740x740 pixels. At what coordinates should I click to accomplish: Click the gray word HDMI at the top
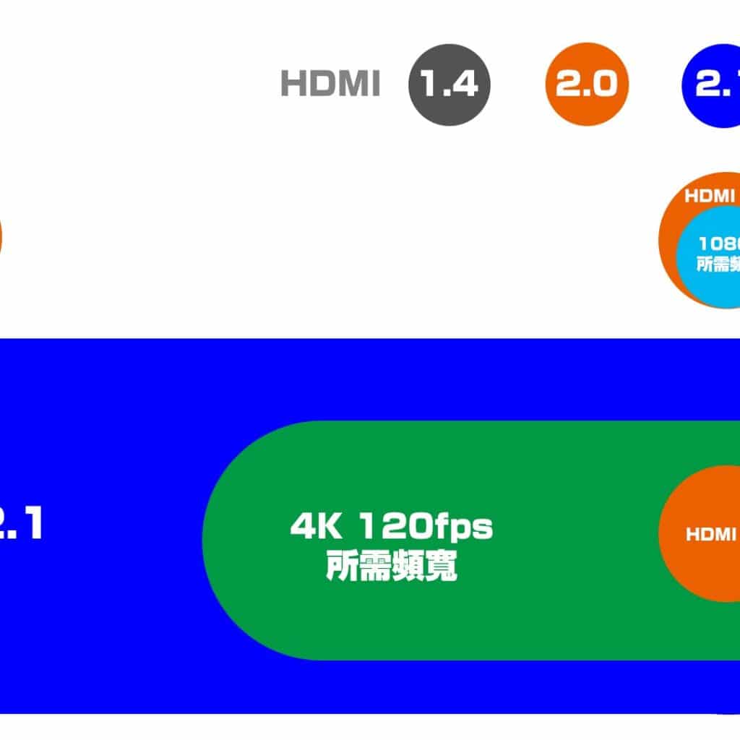(330, 85)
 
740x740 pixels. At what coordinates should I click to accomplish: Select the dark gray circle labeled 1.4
(449, 85)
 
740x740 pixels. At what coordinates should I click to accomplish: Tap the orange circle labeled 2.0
(587, 85)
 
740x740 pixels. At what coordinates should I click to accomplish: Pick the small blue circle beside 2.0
(712, 85)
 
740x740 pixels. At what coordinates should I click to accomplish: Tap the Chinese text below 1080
(719, 264)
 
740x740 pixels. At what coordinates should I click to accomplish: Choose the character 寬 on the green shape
(441, 566)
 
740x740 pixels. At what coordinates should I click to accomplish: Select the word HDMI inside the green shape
(711, 535)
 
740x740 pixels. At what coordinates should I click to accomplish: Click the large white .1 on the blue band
(22, 524)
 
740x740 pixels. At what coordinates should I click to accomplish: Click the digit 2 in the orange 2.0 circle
(569, 85)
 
